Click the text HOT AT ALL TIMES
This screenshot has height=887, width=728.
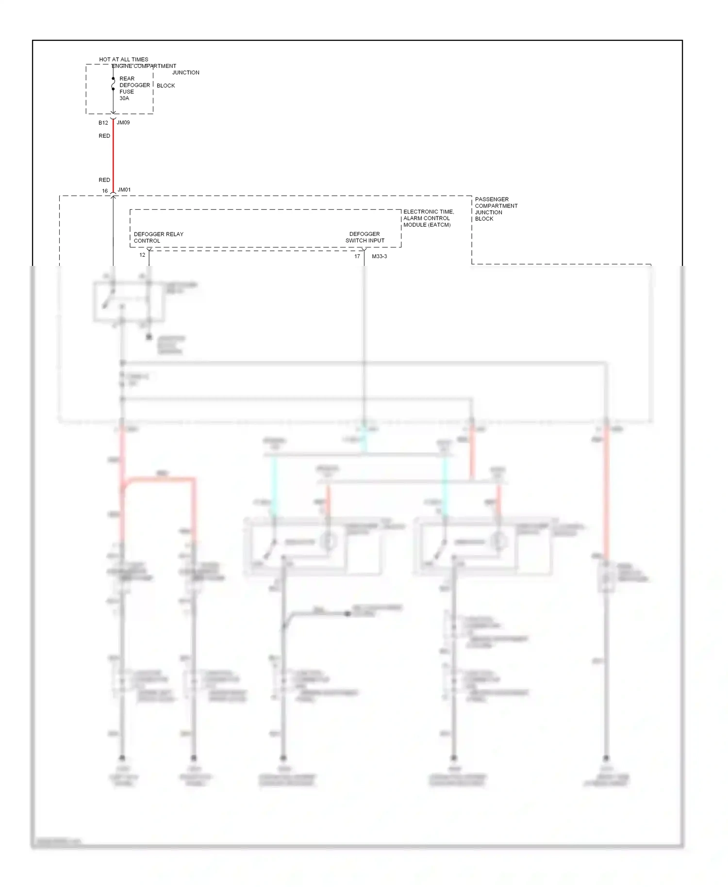coord(123,59)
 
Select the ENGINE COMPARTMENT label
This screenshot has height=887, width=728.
coord(144,66)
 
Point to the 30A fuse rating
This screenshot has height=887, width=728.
coord(124,98)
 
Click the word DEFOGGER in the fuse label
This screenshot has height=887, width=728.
coord(134,85)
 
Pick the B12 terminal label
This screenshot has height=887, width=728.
coord(103,123)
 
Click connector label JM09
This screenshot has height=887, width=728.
coord(123,122)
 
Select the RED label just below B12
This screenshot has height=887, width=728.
coord(104,136)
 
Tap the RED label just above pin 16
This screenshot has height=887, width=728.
coord(104,180)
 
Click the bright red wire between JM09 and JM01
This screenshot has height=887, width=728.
coord(113,155)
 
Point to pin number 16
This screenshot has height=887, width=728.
coord(105,191)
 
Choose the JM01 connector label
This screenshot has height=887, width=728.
coord(124,190)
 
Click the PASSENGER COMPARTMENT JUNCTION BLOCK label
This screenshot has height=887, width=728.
coord(496,209)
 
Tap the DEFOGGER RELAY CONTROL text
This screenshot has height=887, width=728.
coord(158,237)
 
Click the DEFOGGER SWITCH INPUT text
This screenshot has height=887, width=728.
coord(364,237)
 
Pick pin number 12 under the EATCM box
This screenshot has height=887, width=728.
coord(142,255)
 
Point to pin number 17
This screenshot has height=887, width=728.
coord(357,256)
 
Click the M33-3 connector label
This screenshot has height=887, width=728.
coord(379,256)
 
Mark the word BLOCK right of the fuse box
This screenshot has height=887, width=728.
coord(165,85)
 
